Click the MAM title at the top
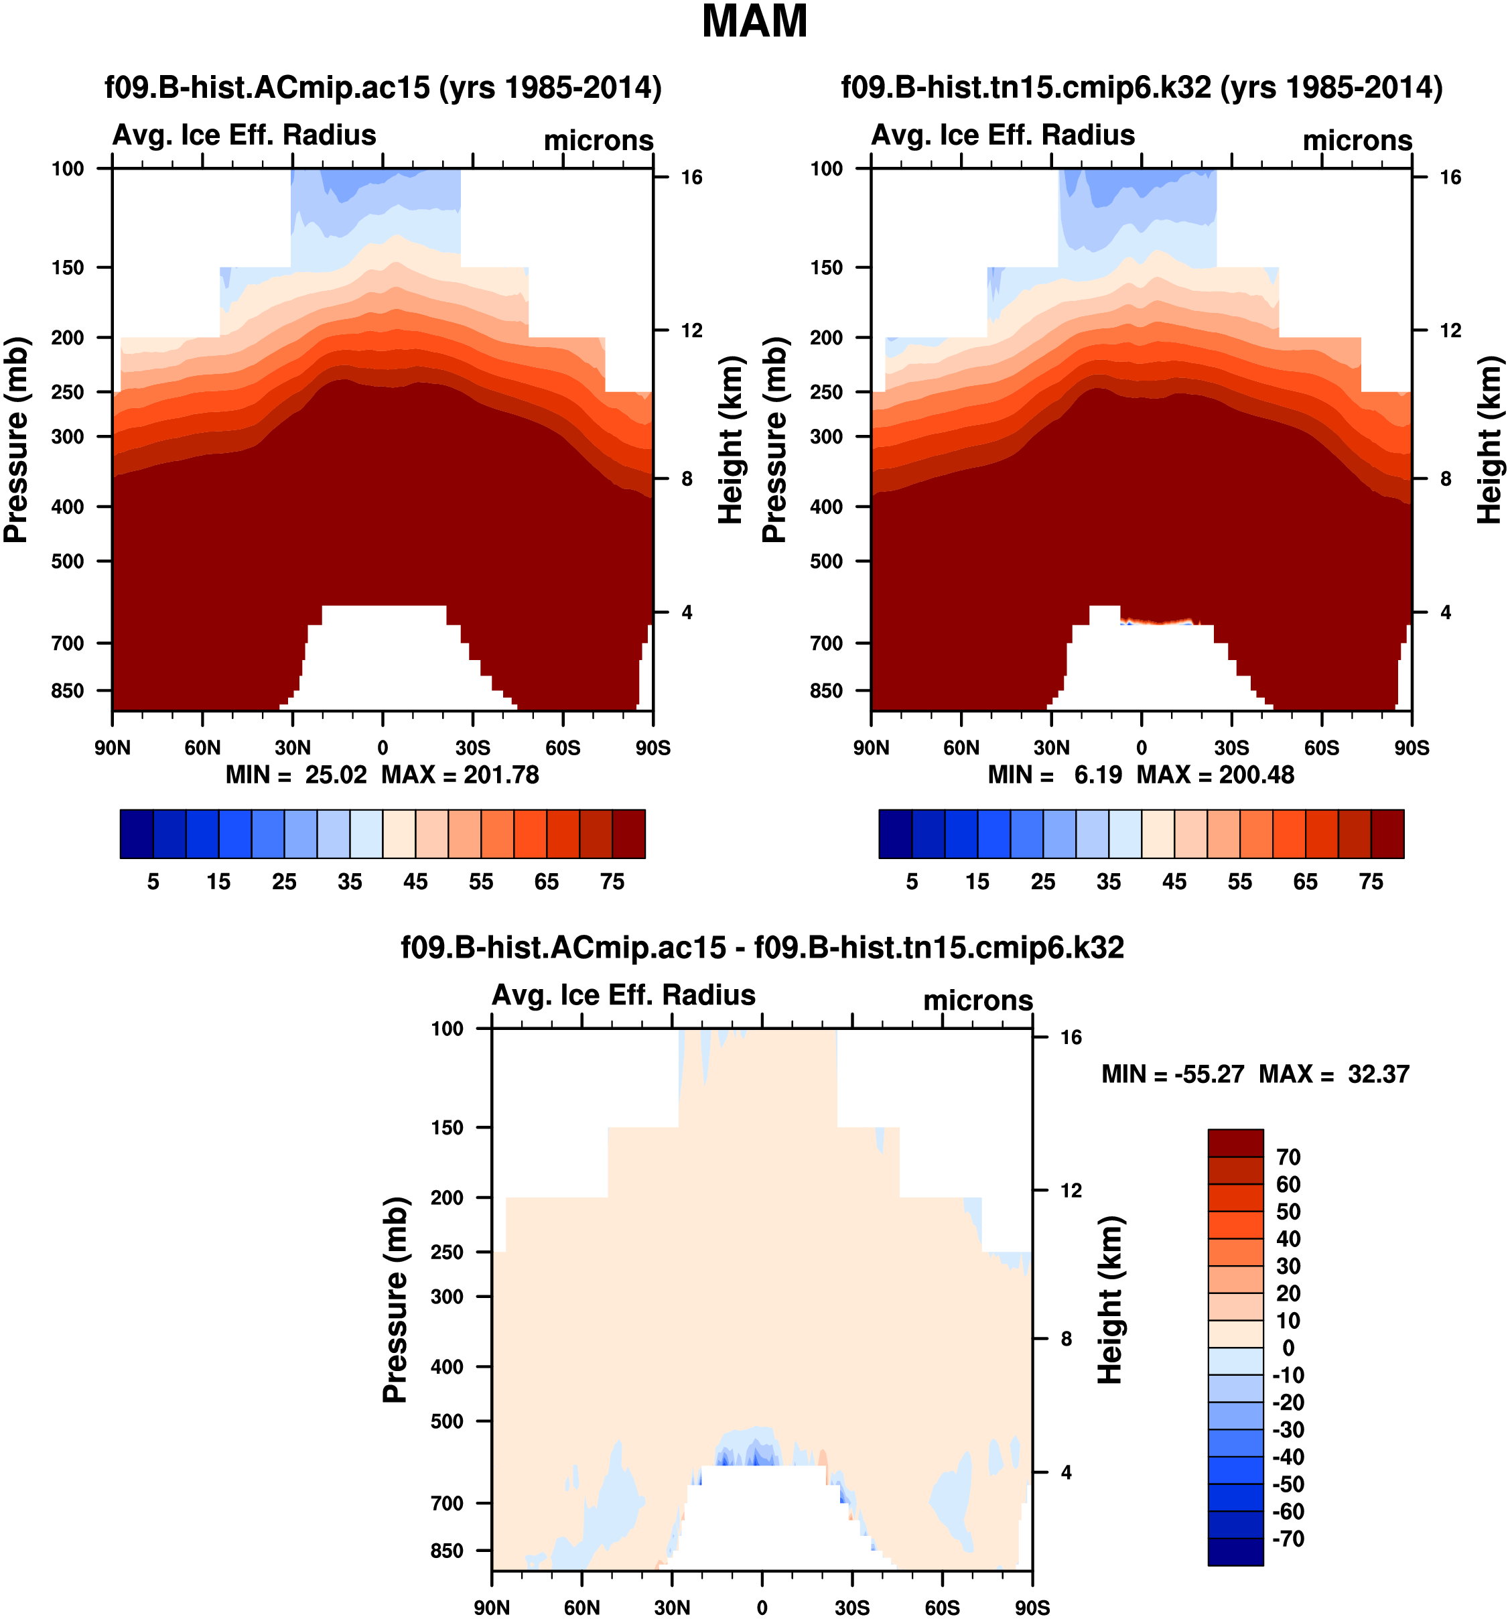point(754,22)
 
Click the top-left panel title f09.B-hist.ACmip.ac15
point(383,87)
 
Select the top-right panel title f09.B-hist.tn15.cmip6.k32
point(1142,87)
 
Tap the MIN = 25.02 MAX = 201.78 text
point(382,775)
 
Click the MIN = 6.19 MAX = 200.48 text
point(1140,775)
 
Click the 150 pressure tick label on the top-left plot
point(68,268)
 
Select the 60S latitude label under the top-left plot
point(563,748)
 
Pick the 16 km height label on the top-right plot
point(1450,178)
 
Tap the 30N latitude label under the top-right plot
point(1051,748)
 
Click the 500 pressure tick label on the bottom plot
point(447,1421)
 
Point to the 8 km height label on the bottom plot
point(1067,1339)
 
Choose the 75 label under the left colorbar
point(612,882)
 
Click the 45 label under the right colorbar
point(1174,882)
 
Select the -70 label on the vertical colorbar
point(1288,1539)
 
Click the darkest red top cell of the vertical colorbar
point(1235,1143)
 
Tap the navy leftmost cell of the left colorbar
point(136,833)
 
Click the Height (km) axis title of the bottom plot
point(1110,1300)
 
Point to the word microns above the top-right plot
point(1357,140)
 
